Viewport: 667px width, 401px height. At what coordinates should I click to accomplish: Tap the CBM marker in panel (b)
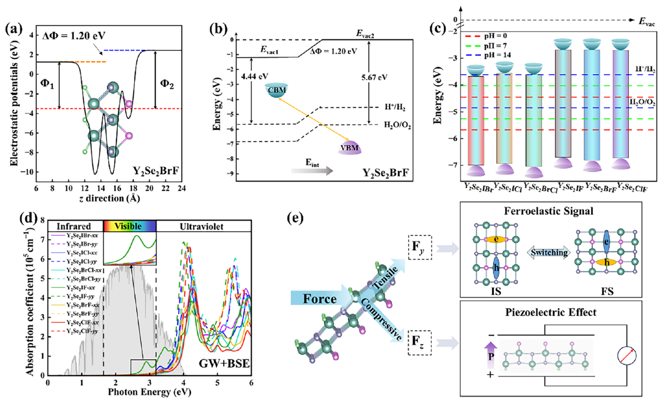277,91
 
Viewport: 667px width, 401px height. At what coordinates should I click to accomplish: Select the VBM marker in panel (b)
350,147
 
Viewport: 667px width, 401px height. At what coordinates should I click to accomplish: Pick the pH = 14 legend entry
487,55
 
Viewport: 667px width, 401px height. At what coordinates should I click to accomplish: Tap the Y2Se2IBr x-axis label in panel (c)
479,186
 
